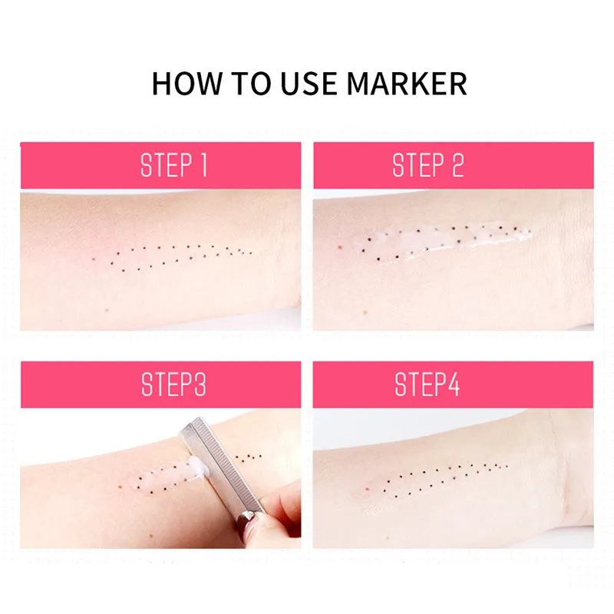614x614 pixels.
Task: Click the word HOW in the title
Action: pos(186,84)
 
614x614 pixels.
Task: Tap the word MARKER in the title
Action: pos(407,84)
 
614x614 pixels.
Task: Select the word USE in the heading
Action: pos(309,84)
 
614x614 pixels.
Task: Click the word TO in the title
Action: pos(251,84)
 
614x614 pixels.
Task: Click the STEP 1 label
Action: pos(174,165)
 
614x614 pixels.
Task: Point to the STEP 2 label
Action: pos(428,165)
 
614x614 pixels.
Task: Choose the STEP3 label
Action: pos(173,385)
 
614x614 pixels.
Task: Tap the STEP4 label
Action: pos(427,385)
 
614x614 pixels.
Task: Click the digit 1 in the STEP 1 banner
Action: pos(203,165)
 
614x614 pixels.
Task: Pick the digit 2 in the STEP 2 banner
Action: pos(458,165)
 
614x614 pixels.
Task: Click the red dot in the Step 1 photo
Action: pos(93,259)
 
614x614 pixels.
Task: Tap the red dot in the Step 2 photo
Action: pos(339,247)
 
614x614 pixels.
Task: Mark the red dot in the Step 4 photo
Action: pos(367,488)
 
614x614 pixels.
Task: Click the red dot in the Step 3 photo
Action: pos(120,487)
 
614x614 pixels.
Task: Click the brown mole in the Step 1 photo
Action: pos(107,310)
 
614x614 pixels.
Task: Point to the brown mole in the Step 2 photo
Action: pos(365,312)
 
